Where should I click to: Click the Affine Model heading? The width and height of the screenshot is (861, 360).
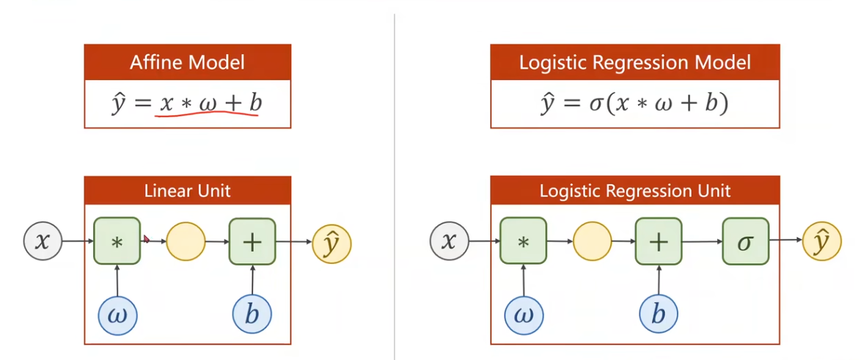tap(187, 62)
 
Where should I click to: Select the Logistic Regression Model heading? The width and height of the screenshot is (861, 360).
tap(634, 62)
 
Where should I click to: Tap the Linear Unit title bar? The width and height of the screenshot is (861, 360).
tap(187, 191)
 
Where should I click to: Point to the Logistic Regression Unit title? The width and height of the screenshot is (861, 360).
tap(634, 191)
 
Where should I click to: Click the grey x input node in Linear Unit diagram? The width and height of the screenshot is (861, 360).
tap(43, 241)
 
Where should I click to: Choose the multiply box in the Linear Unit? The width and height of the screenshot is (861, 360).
tap(117, 241)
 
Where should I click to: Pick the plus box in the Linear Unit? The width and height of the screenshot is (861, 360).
tap(252, 241)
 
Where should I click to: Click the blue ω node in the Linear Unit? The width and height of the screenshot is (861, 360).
tap(117, 315)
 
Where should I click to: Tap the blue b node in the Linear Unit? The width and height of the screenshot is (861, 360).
tap(252, 315)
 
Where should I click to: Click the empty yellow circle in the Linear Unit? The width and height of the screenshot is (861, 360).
tap(186, 241)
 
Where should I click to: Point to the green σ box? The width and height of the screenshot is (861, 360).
tap(745, 241)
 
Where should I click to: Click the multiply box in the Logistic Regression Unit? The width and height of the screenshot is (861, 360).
tap(523, 241)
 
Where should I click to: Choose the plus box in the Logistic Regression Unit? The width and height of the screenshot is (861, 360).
tap(658, 241)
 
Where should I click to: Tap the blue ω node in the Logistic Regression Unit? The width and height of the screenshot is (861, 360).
tap(524, 315)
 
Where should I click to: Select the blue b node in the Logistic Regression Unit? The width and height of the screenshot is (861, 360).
tap(658, 315)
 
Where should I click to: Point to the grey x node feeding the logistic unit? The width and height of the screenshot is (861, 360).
tap(449, 241)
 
